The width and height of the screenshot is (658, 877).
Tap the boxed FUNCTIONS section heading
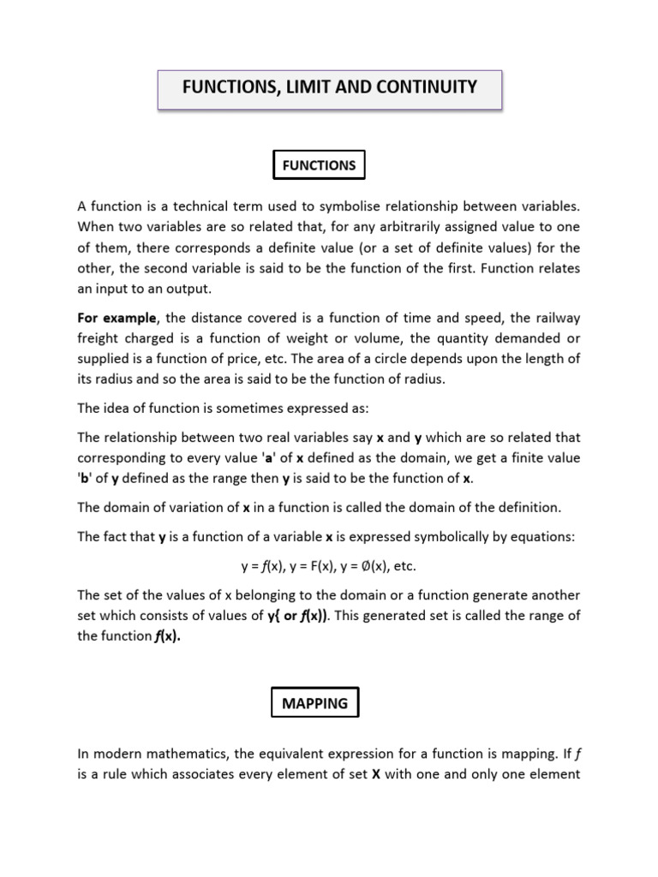319,165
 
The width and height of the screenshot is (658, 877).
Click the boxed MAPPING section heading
315,703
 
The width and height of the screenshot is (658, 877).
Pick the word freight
99,338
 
